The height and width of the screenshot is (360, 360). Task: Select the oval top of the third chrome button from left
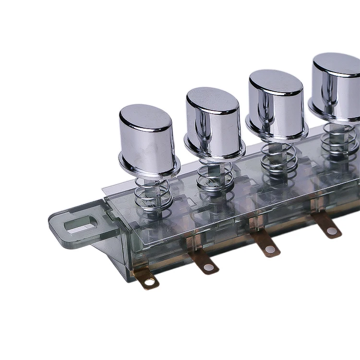click(x=276, y=82)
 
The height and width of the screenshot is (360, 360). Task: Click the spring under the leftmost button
click(x=153, y=194)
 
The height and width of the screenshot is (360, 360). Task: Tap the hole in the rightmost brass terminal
click(x=332, y=231)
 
